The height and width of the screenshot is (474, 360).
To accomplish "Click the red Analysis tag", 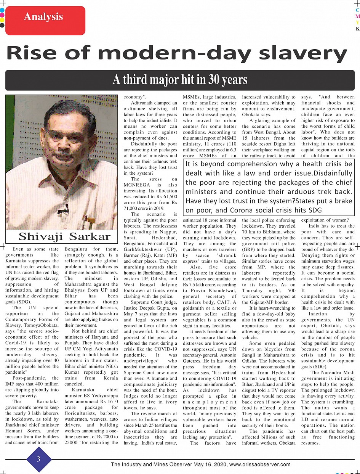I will click(x=43, y=17).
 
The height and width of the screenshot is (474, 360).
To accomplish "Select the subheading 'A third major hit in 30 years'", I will click(x=180, y=80).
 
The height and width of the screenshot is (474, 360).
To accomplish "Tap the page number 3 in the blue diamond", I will click(x=38, y=459).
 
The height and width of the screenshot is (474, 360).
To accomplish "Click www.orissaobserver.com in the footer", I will click(x=260, y=464).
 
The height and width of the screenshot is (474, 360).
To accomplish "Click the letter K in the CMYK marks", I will click(x=357, y=29).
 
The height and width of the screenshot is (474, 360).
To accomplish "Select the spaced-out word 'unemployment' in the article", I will click(x=210, y=402).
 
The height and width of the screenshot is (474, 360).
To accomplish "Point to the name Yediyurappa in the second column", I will click(x=102, y=396).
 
